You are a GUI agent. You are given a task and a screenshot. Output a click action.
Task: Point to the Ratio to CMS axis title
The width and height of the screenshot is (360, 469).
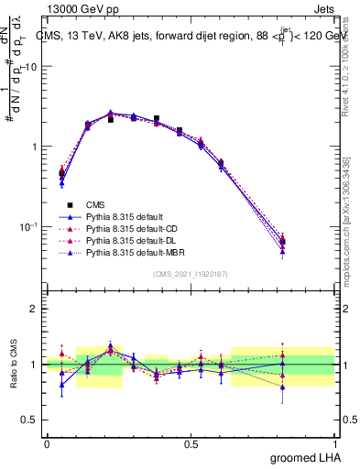pyautogui.click(x=12, y=364)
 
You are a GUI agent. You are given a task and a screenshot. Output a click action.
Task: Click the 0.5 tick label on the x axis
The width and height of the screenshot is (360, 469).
pyautogui.click(x=191, y=443)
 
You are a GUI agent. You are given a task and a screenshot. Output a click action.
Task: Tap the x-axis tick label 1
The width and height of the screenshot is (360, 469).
pyautogui.click(x=334, y=443)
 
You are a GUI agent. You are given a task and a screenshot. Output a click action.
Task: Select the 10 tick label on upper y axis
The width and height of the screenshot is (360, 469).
pyautogui.click(x=31, y=67)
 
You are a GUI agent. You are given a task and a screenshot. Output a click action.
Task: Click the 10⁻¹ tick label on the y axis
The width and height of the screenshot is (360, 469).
pyautogui.click(x=28, y=226)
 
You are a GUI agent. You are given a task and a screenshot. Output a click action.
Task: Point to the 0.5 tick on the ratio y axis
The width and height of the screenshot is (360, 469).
pyautogui.click(x=29, y=420)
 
